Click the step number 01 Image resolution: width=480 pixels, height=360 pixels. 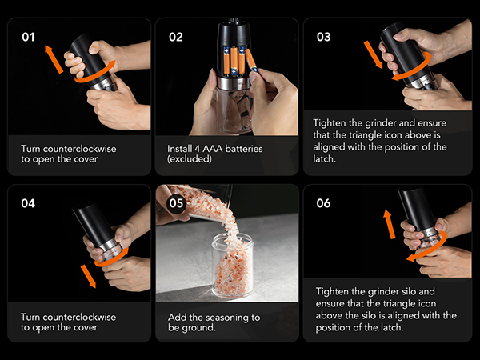coord(27,37)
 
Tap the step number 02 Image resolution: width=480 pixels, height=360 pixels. coord(177,37)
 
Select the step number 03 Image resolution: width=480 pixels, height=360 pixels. coord(323,37)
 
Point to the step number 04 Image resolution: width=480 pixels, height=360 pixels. coord(28,203)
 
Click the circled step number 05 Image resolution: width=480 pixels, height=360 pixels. coord(176,202)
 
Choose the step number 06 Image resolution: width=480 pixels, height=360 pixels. coord(323,203)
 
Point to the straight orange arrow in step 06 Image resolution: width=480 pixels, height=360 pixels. coord(390,224)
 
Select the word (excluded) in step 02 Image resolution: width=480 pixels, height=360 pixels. coord(190,160)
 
